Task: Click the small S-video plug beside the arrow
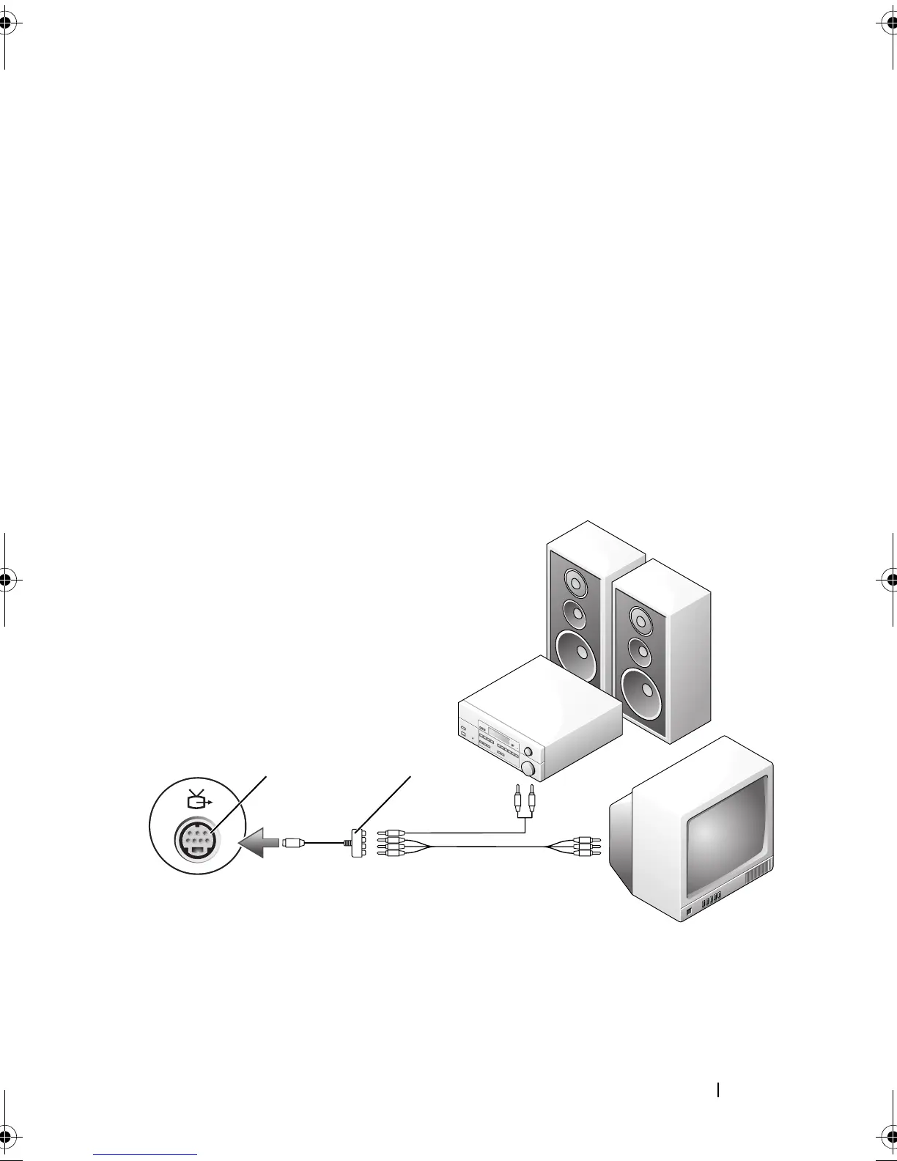pyautogui.click(x=292, y=843)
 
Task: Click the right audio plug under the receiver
pyautogui.click(x=532, y=795)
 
